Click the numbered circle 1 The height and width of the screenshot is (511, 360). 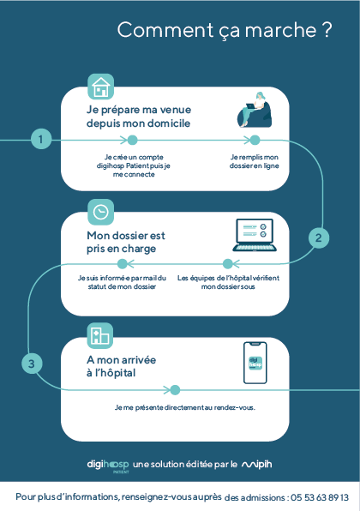41,139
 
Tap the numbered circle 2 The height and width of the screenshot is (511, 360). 319,237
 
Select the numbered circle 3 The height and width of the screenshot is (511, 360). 32,364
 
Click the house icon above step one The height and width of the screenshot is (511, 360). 100,87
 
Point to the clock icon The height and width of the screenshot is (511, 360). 100,212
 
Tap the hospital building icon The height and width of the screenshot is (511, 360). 100,336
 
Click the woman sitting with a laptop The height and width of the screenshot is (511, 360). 255,110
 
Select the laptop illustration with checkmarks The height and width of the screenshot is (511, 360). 255,235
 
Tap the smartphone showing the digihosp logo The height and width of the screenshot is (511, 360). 255,363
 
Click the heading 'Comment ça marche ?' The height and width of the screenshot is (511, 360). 225,30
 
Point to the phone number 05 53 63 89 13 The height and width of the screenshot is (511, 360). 320,497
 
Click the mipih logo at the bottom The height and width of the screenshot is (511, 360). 257,465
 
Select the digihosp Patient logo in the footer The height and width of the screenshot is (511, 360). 108,466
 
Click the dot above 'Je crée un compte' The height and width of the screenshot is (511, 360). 132,140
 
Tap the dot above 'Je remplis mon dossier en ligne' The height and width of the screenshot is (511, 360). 255,140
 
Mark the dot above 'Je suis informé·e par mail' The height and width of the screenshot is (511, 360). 123,264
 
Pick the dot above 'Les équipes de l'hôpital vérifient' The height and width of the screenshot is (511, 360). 228,264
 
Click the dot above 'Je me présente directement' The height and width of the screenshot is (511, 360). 175,390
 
